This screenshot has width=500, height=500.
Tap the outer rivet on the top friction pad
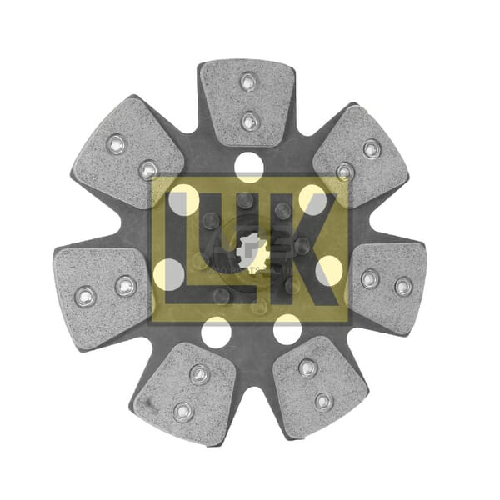pyautogui.click(x=248, y=82)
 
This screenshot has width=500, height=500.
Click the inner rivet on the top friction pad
pyautogui.click(x=250, y=121)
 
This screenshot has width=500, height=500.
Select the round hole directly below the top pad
pyautogui.click(x=249, y=167)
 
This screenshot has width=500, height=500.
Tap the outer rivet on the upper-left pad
pyautogui.click(x=116, y=144)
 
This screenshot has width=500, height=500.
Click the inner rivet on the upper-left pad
pyautogui.click(x=148, y=170)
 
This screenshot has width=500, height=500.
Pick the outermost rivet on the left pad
pyautogui.click(x=85, y=297)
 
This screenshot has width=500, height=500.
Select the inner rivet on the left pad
pyautogui.click(x=126, y=286)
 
